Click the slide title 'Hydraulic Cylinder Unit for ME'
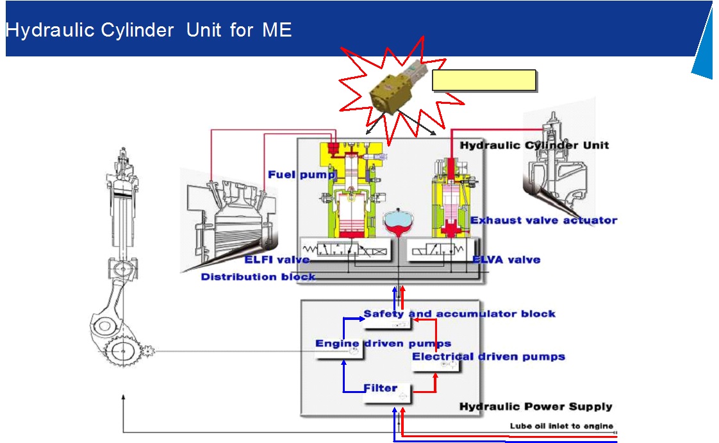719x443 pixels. pyautogui.click(x=149, y=30)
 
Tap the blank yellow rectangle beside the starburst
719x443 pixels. pyautogui.click(x=484, y=80)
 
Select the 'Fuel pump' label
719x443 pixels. pyautogui.click(x=301, y=174)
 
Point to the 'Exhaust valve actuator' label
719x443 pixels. pyautogui.click(x=543, y=221)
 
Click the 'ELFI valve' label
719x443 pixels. pyautogui.click(x=277, y=260)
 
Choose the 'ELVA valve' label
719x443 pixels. pyautogui.click(x=506, y=260)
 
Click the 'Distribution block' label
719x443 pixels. pyautogui.click(x=258, y=277)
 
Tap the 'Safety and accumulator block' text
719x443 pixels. pyautogui.click(x=459, y=313)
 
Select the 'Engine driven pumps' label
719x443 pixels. pyautogui.click(x=383, y=344)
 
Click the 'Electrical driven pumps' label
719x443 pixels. pyautogui.click(x=488, y=356)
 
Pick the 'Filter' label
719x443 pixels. pyautogui.click(x=381, y=388)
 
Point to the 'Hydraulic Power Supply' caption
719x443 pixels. pyautogui.click(x=536, y=406)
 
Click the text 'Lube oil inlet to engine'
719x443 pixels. pyautogui.click(x=561, y=426)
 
